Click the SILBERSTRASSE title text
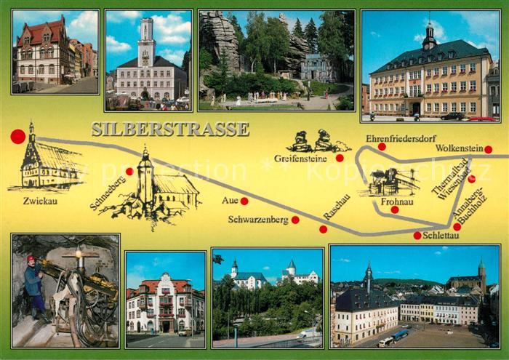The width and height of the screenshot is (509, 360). click(170, 129)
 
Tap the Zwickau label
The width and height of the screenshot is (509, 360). click(39, 200)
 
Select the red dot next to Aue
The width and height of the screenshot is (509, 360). click(244, 201)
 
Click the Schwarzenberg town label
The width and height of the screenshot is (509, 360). click(258, 219)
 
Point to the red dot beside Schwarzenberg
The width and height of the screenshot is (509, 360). click(295, 220)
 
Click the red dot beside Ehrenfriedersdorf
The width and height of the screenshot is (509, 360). click(382, 146)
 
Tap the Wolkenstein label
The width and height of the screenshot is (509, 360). click(460, 148)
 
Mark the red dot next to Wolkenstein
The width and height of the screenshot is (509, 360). click(488, 150)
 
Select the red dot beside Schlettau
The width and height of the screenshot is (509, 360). click(417, 235)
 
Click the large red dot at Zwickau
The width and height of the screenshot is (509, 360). click(18, 136)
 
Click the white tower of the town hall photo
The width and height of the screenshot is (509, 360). click(146, 41)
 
